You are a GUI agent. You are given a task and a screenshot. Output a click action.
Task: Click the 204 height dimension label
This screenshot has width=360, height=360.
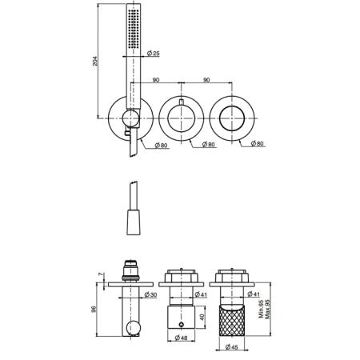(x=95, y=61)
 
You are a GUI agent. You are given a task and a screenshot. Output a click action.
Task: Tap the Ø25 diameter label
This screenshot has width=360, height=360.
(x=154, y=54)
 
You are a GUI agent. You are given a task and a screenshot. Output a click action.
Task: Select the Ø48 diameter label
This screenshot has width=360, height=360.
(x=181, y=338)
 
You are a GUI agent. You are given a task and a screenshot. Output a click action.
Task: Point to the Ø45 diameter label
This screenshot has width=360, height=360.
(x=231, y=347)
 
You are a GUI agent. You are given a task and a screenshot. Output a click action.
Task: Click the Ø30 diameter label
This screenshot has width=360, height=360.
(x=150, y=294)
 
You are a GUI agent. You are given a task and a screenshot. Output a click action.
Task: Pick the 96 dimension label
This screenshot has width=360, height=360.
(x=94, y=309)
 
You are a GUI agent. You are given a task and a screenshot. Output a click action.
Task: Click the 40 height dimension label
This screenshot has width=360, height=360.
(x=202, y=317)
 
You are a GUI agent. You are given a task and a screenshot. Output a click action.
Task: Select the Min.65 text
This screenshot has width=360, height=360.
(x=262, y=309)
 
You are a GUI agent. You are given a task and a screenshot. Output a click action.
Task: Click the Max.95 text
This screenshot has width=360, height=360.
(x=268, y=309)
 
